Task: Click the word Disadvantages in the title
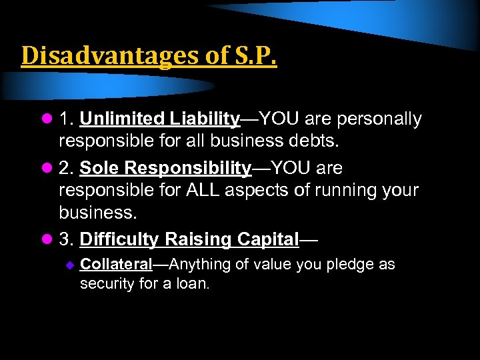(103, 56)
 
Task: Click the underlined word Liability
(203, 119)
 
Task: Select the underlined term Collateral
(116, 265)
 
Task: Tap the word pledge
(351, 265)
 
